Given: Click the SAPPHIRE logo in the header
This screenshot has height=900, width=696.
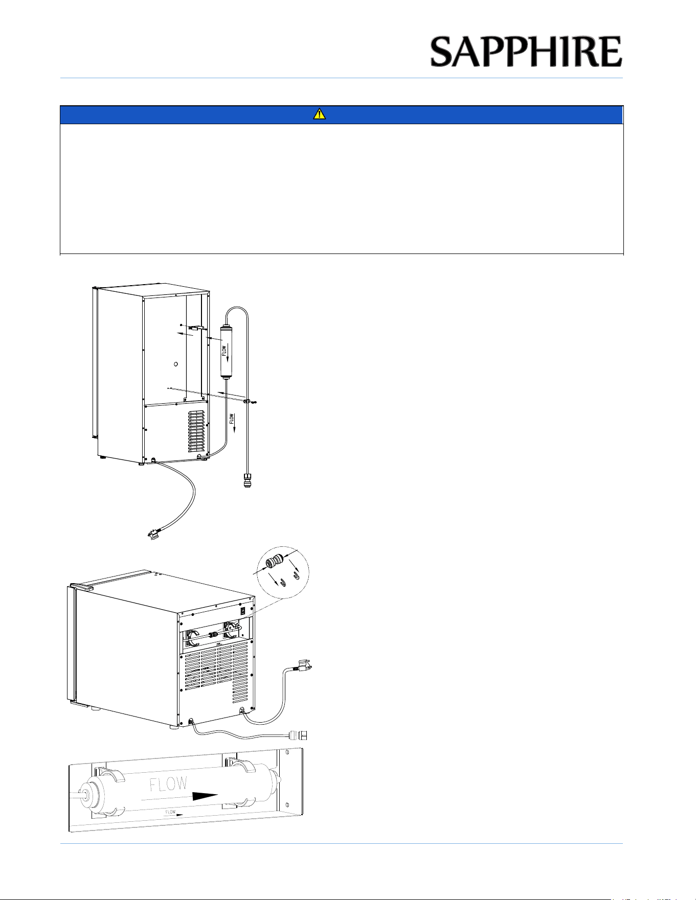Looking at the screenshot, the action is pyautogui.click(x=526, y=52).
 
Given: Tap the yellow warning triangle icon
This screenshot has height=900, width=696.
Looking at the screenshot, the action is pyautogui.click(x=319, y=115).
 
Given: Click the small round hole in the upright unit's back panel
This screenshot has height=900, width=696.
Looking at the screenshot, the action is pyautogui.click(x=175, y=364).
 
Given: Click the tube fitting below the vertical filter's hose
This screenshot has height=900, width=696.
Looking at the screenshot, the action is pyautogui.click(x=248, y=481).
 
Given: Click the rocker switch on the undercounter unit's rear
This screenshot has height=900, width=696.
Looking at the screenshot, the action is pyautogui.click(x=243, y=610).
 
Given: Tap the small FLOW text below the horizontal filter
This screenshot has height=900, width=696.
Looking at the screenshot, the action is pyautogui.click(x=170, y=812).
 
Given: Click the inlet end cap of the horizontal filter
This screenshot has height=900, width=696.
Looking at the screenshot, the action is pyautogui.click(x=91, y=798).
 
